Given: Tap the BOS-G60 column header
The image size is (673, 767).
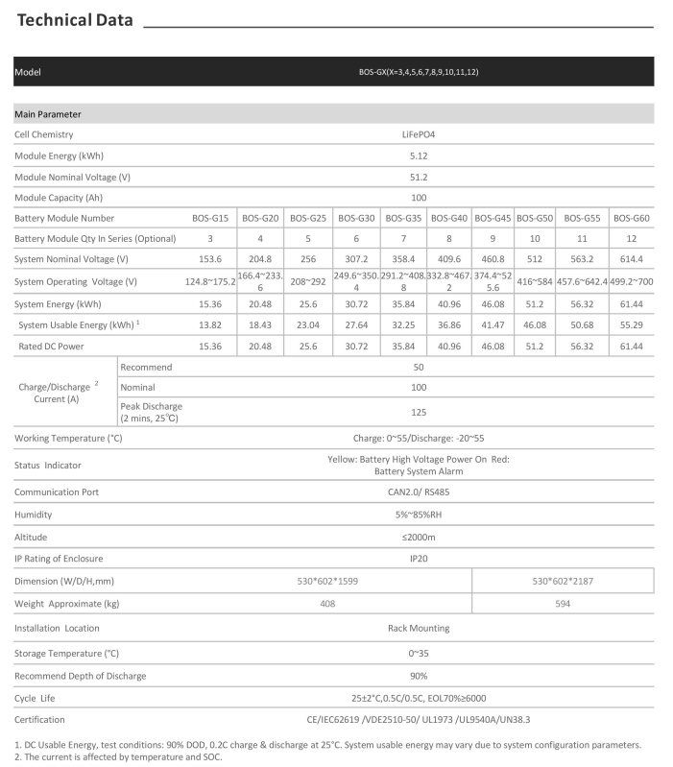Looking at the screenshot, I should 631,219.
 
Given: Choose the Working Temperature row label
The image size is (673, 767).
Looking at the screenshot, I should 68,439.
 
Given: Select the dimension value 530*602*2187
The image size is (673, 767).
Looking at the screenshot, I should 563,582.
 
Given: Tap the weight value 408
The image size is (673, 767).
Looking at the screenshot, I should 327,605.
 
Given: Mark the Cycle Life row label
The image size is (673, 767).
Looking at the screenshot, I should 39,698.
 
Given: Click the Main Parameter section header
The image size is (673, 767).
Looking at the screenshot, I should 48,114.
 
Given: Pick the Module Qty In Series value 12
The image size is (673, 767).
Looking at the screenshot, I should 631,238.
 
